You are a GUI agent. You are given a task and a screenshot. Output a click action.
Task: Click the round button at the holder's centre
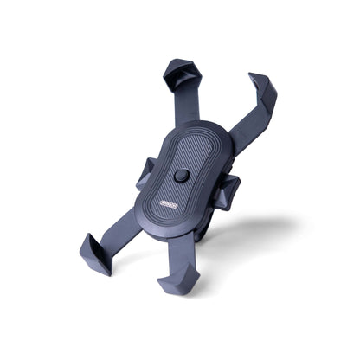(181, 176)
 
